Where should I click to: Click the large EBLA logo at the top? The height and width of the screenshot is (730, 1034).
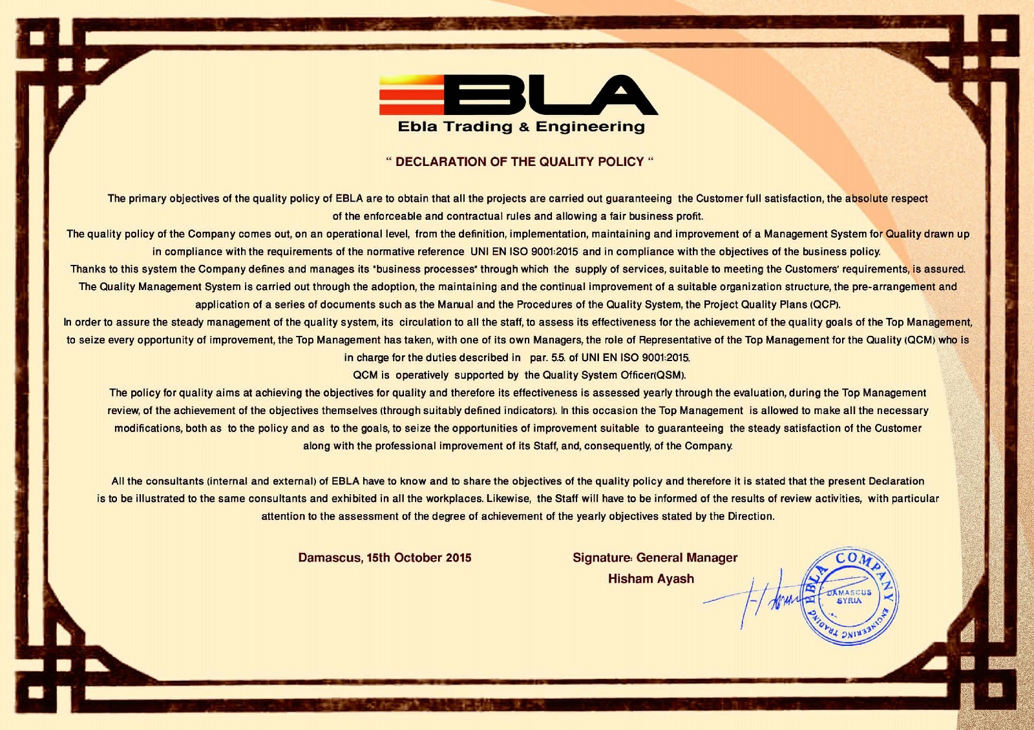[x=518, y=94]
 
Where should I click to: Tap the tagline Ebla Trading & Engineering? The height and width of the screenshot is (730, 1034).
[x=521, y=127]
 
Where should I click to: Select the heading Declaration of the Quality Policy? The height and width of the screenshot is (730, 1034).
[x=520, y=162]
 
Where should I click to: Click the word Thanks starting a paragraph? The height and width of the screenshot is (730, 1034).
[x=88, y=269]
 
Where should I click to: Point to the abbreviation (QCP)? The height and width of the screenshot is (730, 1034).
[x=825, y=304]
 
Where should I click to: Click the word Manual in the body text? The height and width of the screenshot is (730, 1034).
[x=456, y=304]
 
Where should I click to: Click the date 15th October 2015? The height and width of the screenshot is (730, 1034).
[x=419, y=558]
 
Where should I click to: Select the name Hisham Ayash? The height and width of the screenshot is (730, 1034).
[x=651, y=579]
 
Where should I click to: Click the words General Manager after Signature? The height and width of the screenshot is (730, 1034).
[x=686, y=558]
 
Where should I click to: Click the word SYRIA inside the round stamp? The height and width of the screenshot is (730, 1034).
[x=849, y=601]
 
